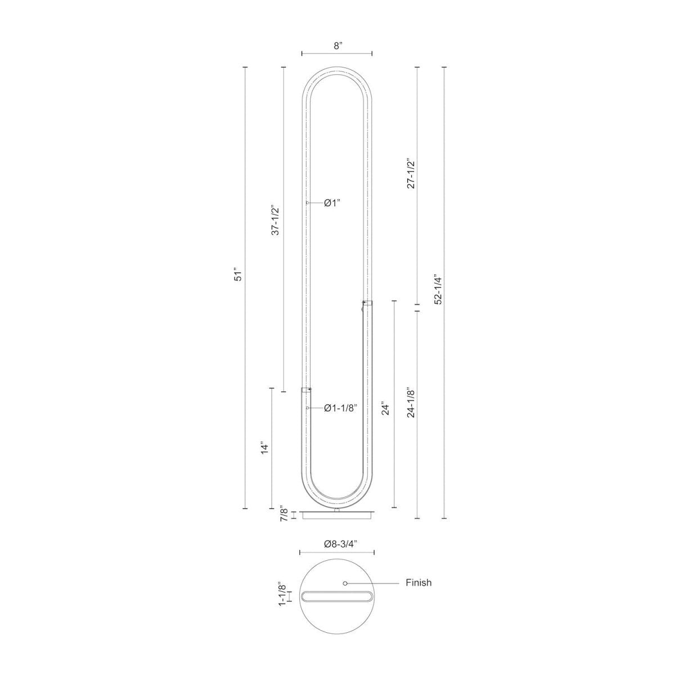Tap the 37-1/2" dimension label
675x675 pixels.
click(276, 219)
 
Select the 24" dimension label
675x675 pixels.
click(385, 408)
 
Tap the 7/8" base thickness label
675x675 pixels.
click(285, 515)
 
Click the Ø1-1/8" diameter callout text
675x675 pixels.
click(340, 408)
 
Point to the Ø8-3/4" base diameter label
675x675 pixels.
click(337, 544)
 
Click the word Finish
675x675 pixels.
click(418, 583)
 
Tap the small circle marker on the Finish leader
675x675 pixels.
click(345, 583)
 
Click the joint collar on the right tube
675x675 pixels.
click(367, 304)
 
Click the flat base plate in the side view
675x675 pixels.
click(337, 515)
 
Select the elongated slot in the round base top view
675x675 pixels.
click(337, 596)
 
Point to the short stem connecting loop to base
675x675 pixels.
click(337, 509)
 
